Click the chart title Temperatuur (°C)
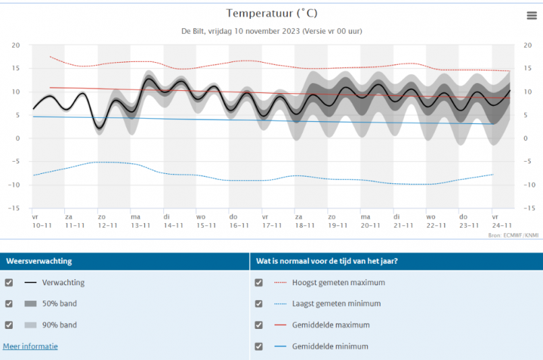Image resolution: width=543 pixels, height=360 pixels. pyautogui.click(x=271, y=13)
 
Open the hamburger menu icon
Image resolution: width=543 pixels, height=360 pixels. pyautogui.click(x=532, y=16)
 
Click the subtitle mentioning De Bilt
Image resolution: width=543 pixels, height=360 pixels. pyautogui.click(x=271, y=31)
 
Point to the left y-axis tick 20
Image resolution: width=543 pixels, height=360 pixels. pyautogui.click(x=16, y=45)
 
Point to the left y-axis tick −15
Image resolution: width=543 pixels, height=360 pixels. pyautogui.click(x=14, y=208)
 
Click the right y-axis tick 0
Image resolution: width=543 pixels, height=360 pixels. pyautogui.click(x=525, y=138)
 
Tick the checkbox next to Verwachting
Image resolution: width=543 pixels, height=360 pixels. pyautogui.click(x=9, y=282)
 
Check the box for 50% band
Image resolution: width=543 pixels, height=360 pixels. pyautogui.click(x=9, y=304)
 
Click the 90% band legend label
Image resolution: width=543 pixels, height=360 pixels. pyautogui.click(x=59, y=325)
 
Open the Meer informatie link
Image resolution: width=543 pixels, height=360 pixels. pyautogui.click(x=30, y=346)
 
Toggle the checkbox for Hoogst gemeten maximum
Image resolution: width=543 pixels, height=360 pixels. pyautogui.click(x=259, y=282)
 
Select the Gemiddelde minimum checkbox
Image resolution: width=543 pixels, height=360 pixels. pyautogui.click(x=259, y=347)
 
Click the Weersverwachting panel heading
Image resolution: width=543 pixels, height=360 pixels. pyautogui.click(x=39, y=261)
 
